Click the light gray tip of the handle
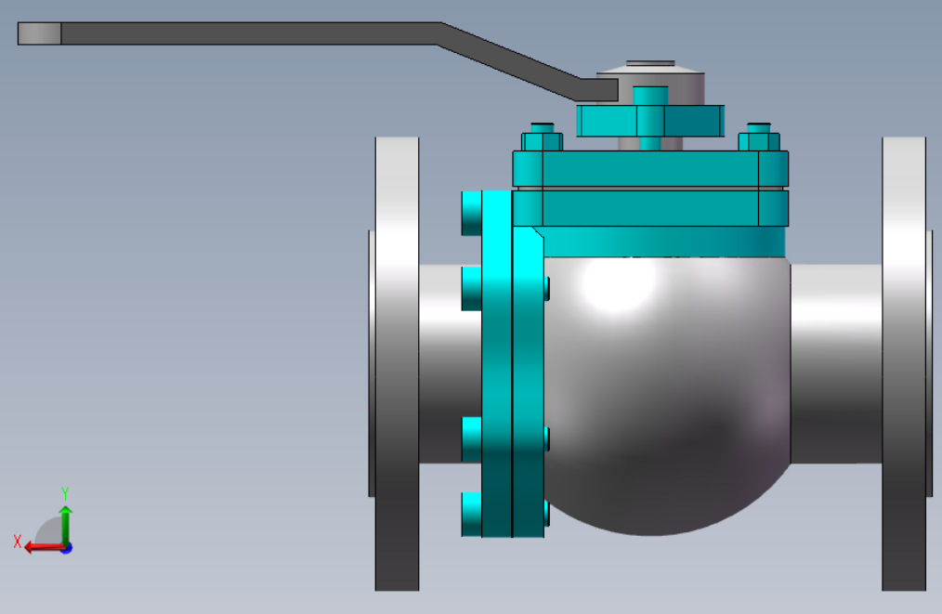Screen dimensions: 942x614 (39, 33)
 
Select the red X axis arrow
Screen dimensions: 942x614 (46, 547)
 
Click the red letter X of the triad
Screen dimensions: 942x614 (18, 542)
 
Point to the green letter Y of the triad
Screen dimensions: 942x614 (65, 494)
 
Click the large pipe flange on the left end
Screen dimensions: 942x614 (397, 363)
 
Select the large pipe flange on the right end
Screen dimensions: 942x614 (905, 363)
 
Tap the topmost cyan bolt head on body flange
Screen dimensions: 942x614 (472, 214)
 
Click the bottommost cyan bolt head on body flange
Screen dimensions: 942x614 (472, 515)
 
